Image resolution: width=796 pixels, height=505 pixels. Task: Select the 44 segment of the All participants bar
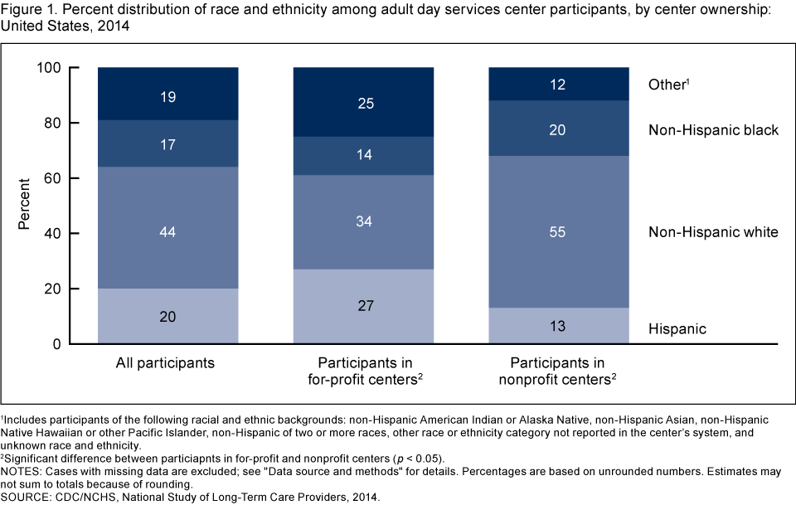[x=168, y=233]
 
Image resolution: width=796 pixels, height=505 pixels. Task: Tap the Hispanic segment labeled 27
[x=364, y=306]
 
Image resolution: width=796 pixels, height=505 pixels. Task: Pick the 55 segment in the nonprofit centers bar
[x=558, y=233]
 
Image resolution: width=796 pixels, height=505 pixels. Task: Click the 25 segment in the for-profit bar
[x=364, y=103]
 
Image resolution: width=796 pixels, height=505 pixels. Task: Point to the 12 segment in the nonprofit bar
[x=558, y=85]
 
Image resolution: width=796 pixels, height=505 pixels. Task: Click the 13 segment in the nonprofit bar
[x=558, y=326]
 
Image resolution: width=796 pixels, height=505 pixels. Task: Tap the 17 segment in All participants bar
[x=168, y=144]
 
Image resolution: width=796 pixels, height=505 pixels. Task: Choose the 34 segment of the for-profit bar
[x=364, y=222]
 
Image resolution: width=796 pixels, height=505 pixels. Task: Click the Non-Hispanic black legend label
[x=713, y=130]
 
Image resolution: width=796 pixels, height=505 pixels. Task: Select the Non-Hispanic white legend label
[x=713, y=232]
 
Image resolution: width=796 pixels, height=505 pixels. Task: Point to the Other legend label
[x=668, y=85]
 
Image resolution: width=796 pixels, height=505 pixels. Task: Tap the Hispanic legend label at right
[x=677, y=329]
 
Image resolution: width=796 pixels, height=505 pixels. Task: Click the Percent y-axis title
[x=25, y=206]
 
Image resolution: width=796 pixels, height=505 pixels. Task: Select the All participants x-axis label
[x=168, y=363]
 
